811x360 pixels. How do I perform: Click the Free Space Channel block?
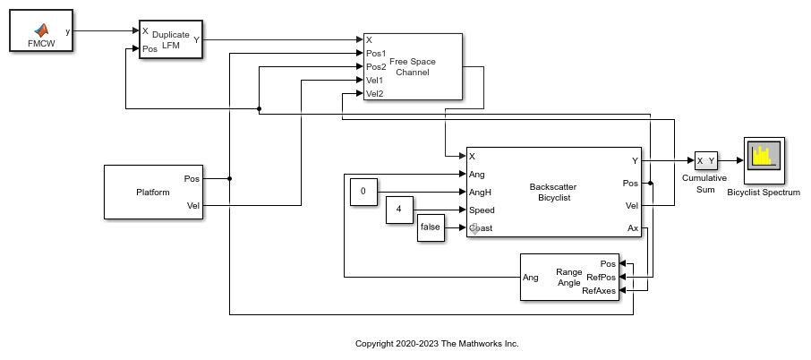click(x=412, y=66)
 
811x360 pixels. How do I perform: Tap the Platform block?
click(x=153, y=192)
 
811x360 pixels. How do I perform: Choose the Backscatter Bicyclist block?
click(x=553, y=192)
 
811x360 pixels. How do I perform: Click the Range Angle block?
click(x=569, y=277)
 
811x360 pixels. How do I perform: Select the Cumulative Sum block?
click(x=705, y=161)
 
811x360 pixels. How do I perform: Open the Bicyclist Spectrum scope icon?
click(x=763, y=159)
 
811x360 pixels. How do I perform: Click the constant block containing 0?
click(x=363, y=192)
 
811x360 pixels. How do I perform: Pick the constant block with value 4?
click(x=399, y=210)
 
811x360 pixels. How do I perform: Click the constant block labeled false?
click(x=431, y=227)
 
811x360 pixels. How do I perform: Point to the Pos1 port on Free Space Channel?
click(x=375, y=53)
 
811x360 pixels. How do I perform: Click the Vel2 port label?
click(x=374, y=93)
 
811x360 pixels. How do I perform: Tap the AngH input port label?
click(x=481, y=192)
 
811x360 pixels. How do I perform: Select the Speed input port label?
click(x=482, y=210)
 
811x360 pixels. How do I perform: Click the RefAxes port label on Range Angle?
click(x=599, y=290)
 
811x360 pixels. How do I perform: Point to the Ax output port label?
click(x=632, y=227)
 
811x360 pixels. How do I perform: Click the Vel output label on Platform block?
click(x=192, y=205)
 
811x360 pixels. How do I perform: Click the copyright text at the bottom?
click(x=437, y=343)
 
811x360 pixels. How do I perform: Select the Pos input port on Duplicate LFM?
click(x=149, y=48)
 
